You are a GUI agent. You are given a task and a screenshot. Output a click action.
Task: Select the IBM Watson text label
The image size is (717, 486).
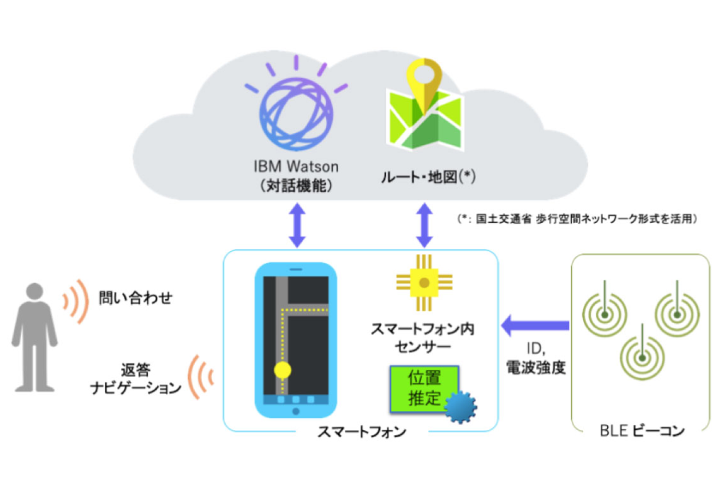click(x=296, y=166)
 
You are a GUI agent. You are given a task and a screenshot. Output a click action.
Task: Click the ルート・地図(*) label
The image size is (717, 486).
click(x=428, y=176)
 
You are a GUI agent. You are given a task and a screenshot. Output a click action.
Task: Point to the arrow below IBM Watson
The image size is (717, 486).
click(x=298, y=225)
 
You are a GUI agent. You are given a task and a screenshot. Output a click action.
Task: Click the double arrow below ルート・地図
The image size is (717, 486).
click(x=424, y=225)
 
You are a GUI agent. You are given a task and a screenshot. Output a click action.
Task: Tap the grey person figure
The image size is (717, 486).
click(x=34, y=337)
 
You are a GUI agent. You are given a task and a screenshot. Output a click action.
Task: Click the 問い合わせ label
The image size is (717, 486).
click(x=136, y=298)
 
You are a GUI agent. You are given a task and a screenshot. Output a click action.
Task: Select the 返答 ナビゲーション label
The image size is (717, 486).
click(x=136, y=378)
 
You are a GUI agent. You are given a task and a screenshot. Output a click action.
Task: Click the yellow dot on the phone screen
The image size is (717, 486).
click(x=283, y=370)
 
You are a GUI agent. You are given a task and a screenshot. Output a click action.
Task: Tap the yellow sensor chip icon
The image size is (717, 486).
click(x=424, y=283)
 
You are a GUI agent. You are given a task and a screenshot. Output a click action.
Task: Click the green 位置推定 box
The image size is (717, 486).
click(x=424, y=388)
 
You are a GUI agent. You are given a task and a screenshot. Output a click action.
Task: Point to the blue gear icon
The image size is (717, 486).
click(x=461, y=407)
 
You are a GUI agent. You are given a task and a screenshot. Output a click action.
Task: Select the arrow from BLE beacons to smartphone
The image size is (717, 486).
click(x=535, y=325)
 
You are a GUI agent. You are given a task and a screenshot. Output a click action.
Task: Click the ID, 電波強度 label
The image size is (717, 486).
click(x=536, y=358)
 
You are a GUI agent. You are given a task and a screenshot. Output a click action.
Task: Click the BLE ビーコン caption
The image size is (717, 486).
click(x=642, y=430)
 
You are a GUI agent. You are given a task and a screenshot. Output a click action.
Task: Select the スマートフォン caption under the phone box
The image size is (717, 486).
click(x=362, y=432)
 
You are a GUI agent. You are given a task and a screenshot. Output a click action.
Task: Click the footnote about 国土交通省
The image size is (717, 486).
click(x=577, y=219)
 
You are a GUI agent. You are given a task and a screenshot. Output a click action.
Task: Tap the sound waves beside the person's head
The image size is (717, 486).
click(x=76, y=301)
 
